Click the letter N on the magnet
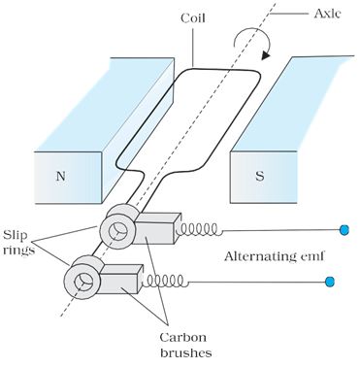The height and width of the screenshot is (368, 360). pyautogui.click(x=60, y=177)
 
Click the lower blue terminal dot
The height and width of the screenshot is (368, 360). pyautogui.click(x=330, y=282)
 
